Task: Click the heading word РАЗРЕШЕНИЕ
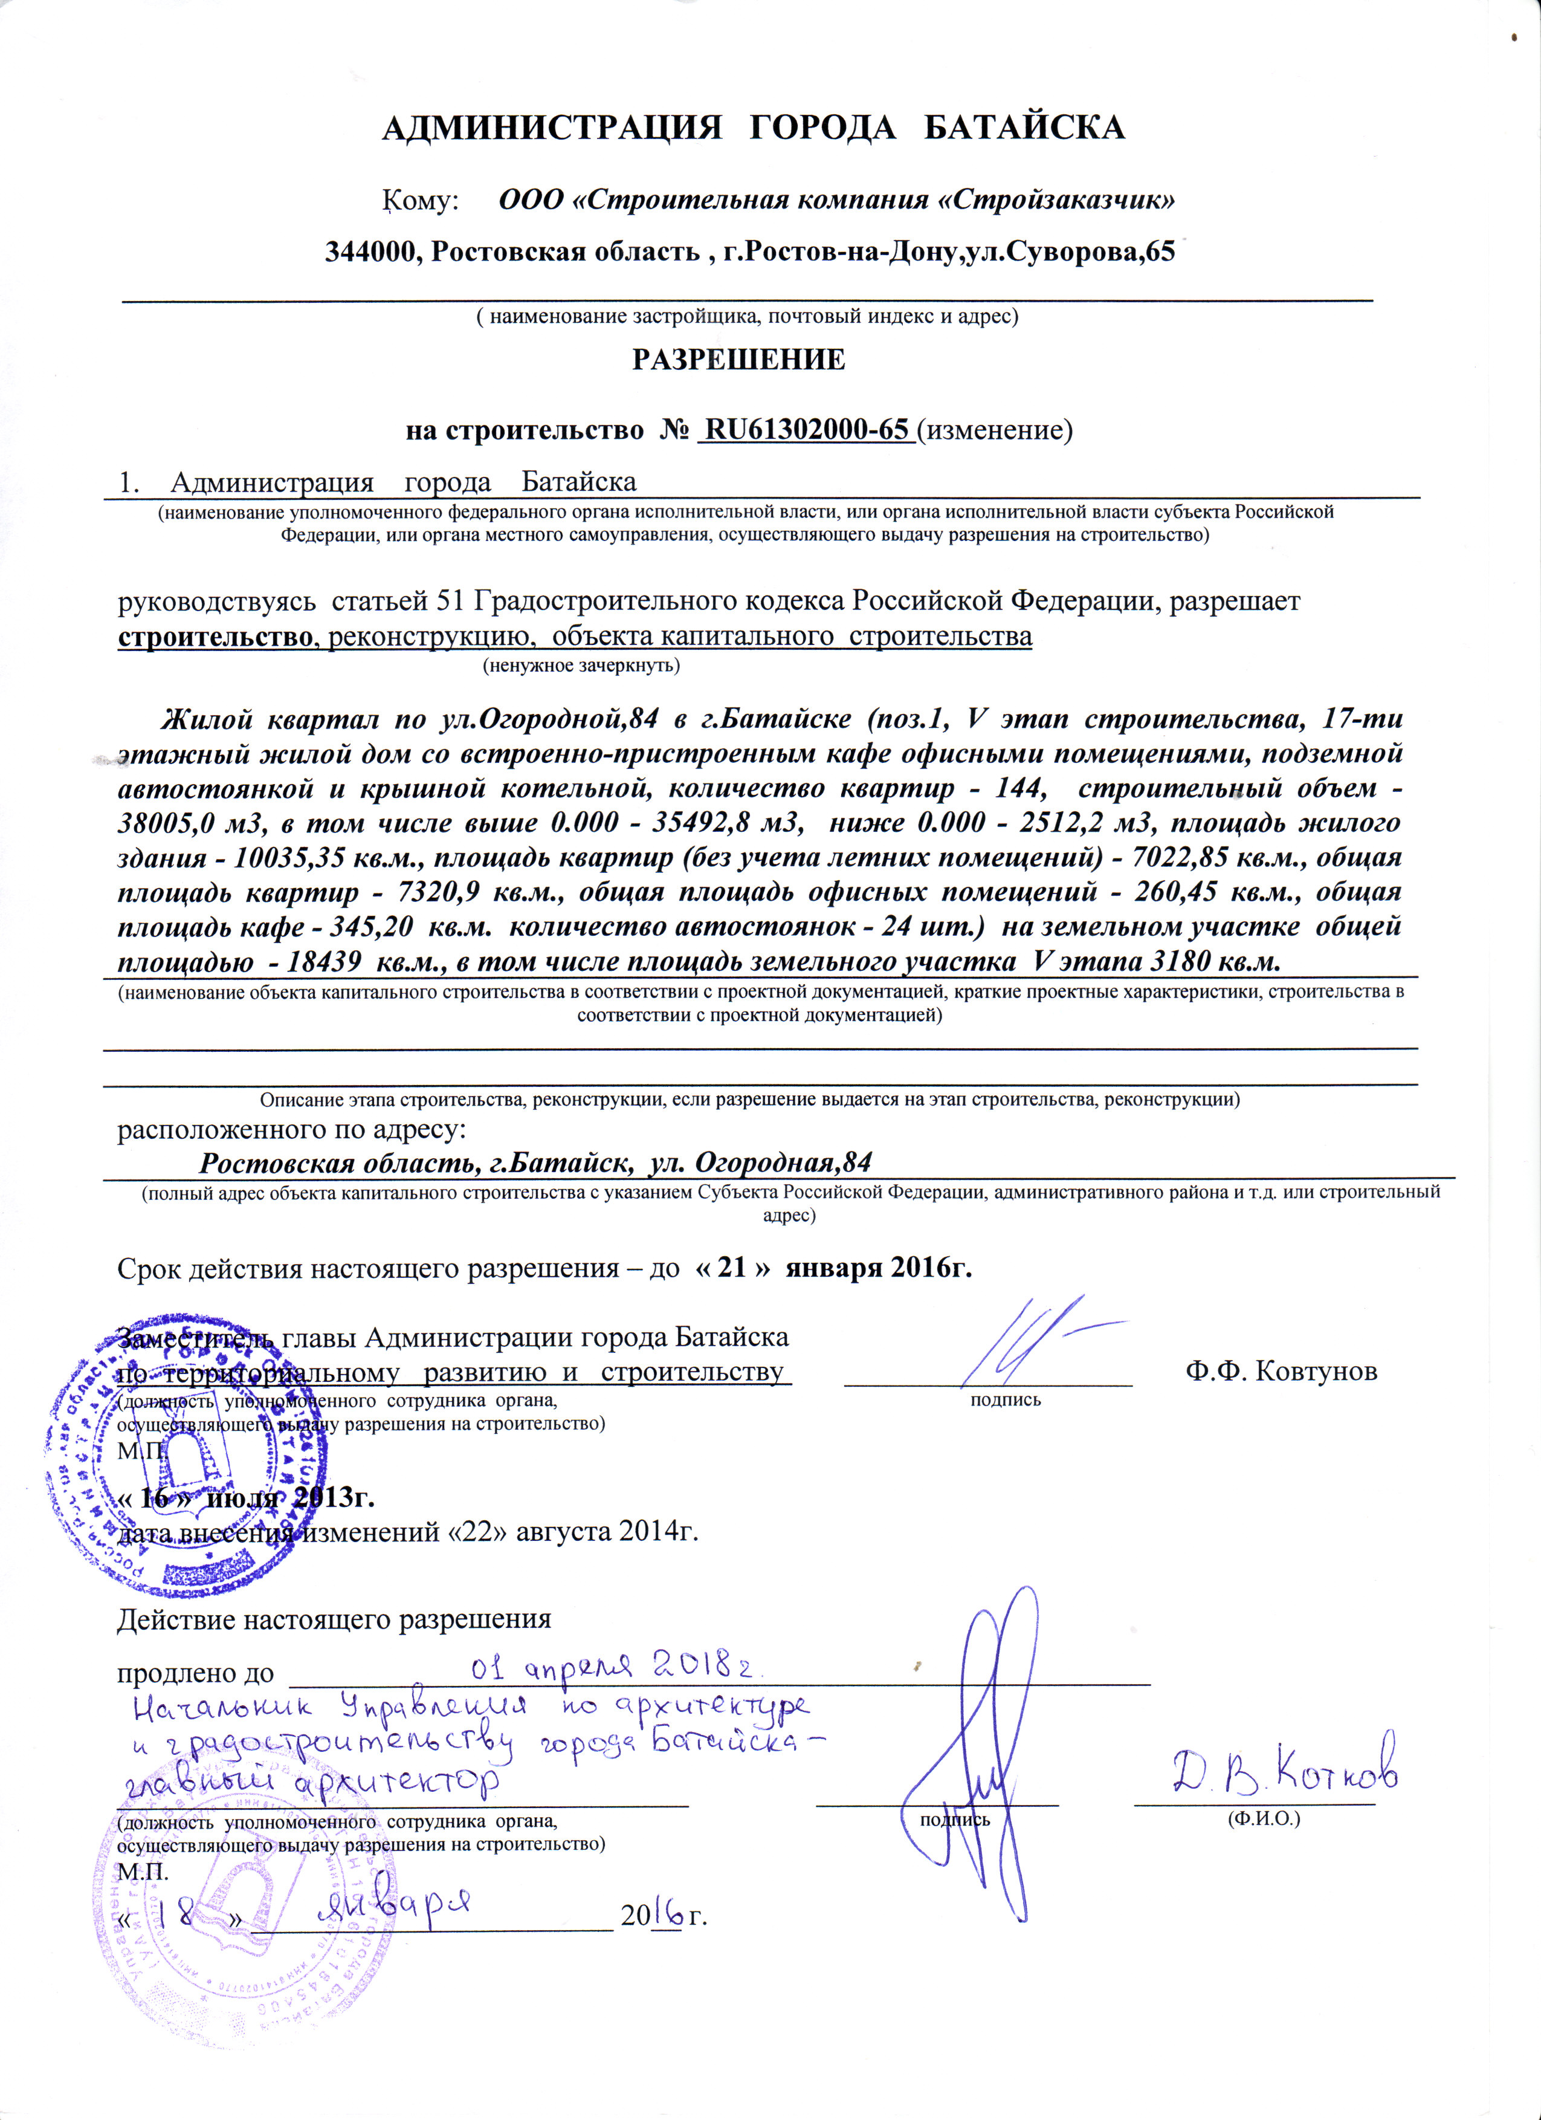[x=738, y=360]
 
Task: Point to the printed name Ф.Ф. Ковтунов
[x=1281, y=1371]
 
